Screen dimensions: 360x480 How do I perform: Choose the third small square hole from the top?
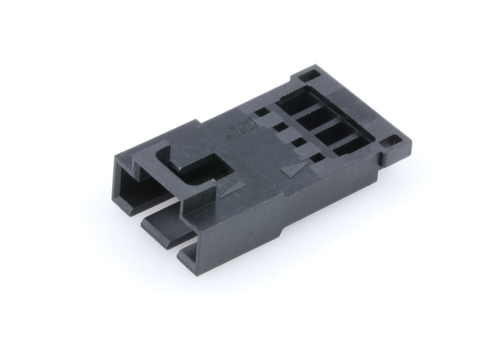[x=297, y=142]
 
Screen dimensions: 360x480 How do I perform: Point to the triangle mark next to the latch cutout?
[x=232, y=188]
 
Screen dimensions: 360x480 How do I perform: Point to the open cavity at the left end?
[x=136, y=187]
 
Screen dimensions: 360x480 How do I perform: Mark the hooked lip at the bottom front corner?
[x=187, y=255]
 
